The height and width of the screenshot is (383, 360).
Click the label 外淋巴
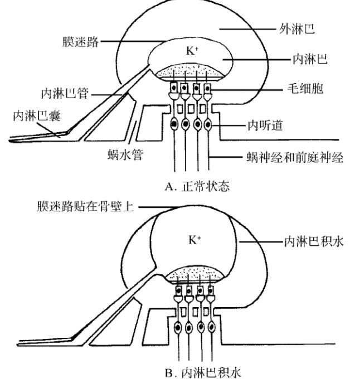tap(296, 28)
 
